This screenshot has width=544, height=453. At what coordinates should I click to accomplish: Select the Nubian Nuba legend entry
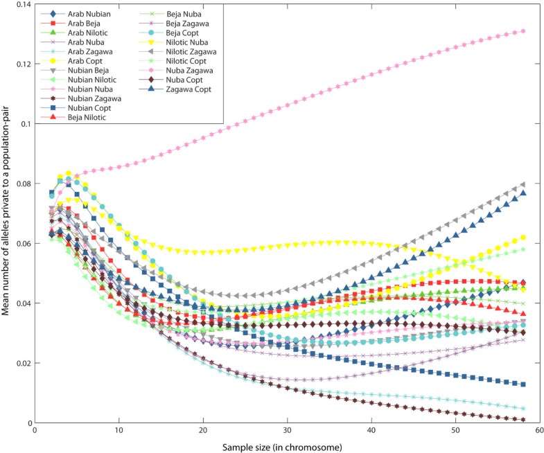pos(91,89)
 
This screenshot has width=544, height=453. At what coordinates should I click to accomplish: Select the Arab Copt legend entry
pos(85,61)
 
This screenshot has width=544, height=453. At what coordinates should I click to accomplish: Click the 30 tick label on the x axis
pos(287,430)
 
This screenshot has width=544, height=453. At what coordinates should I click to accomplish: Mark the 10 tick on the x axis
pos(119,430)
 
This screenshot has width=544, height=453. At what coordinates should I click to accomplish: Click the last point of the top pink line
pos(523,31)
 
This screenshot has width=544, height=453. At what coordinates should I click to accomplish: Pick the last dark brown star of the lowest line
pos(523,420)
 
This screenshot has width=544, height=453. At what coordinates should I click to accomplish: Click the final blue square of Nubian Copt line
pos(523,384)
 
